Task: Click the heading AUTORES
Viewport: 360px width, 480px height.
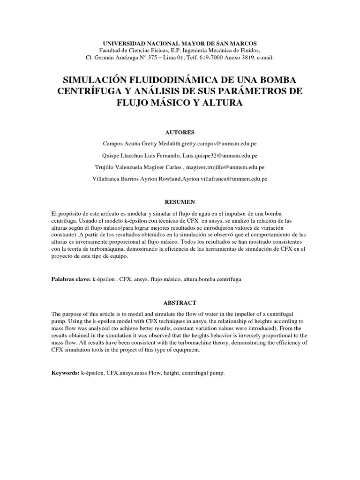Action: (x=180, y=132)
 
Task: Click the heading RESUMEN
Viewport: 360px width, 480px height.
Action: (x=180, y=201)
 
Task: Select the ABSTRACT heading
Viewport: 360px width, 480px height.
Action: (x=180, y=303)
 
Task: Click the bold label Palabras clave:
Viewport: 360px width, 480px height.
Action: (x=70, y=279)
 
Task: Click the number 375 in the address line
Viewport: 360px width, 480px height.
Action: (x=158, y=58)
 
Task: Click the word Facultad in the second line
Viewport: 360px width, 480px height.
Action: (x=111, y=50)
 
